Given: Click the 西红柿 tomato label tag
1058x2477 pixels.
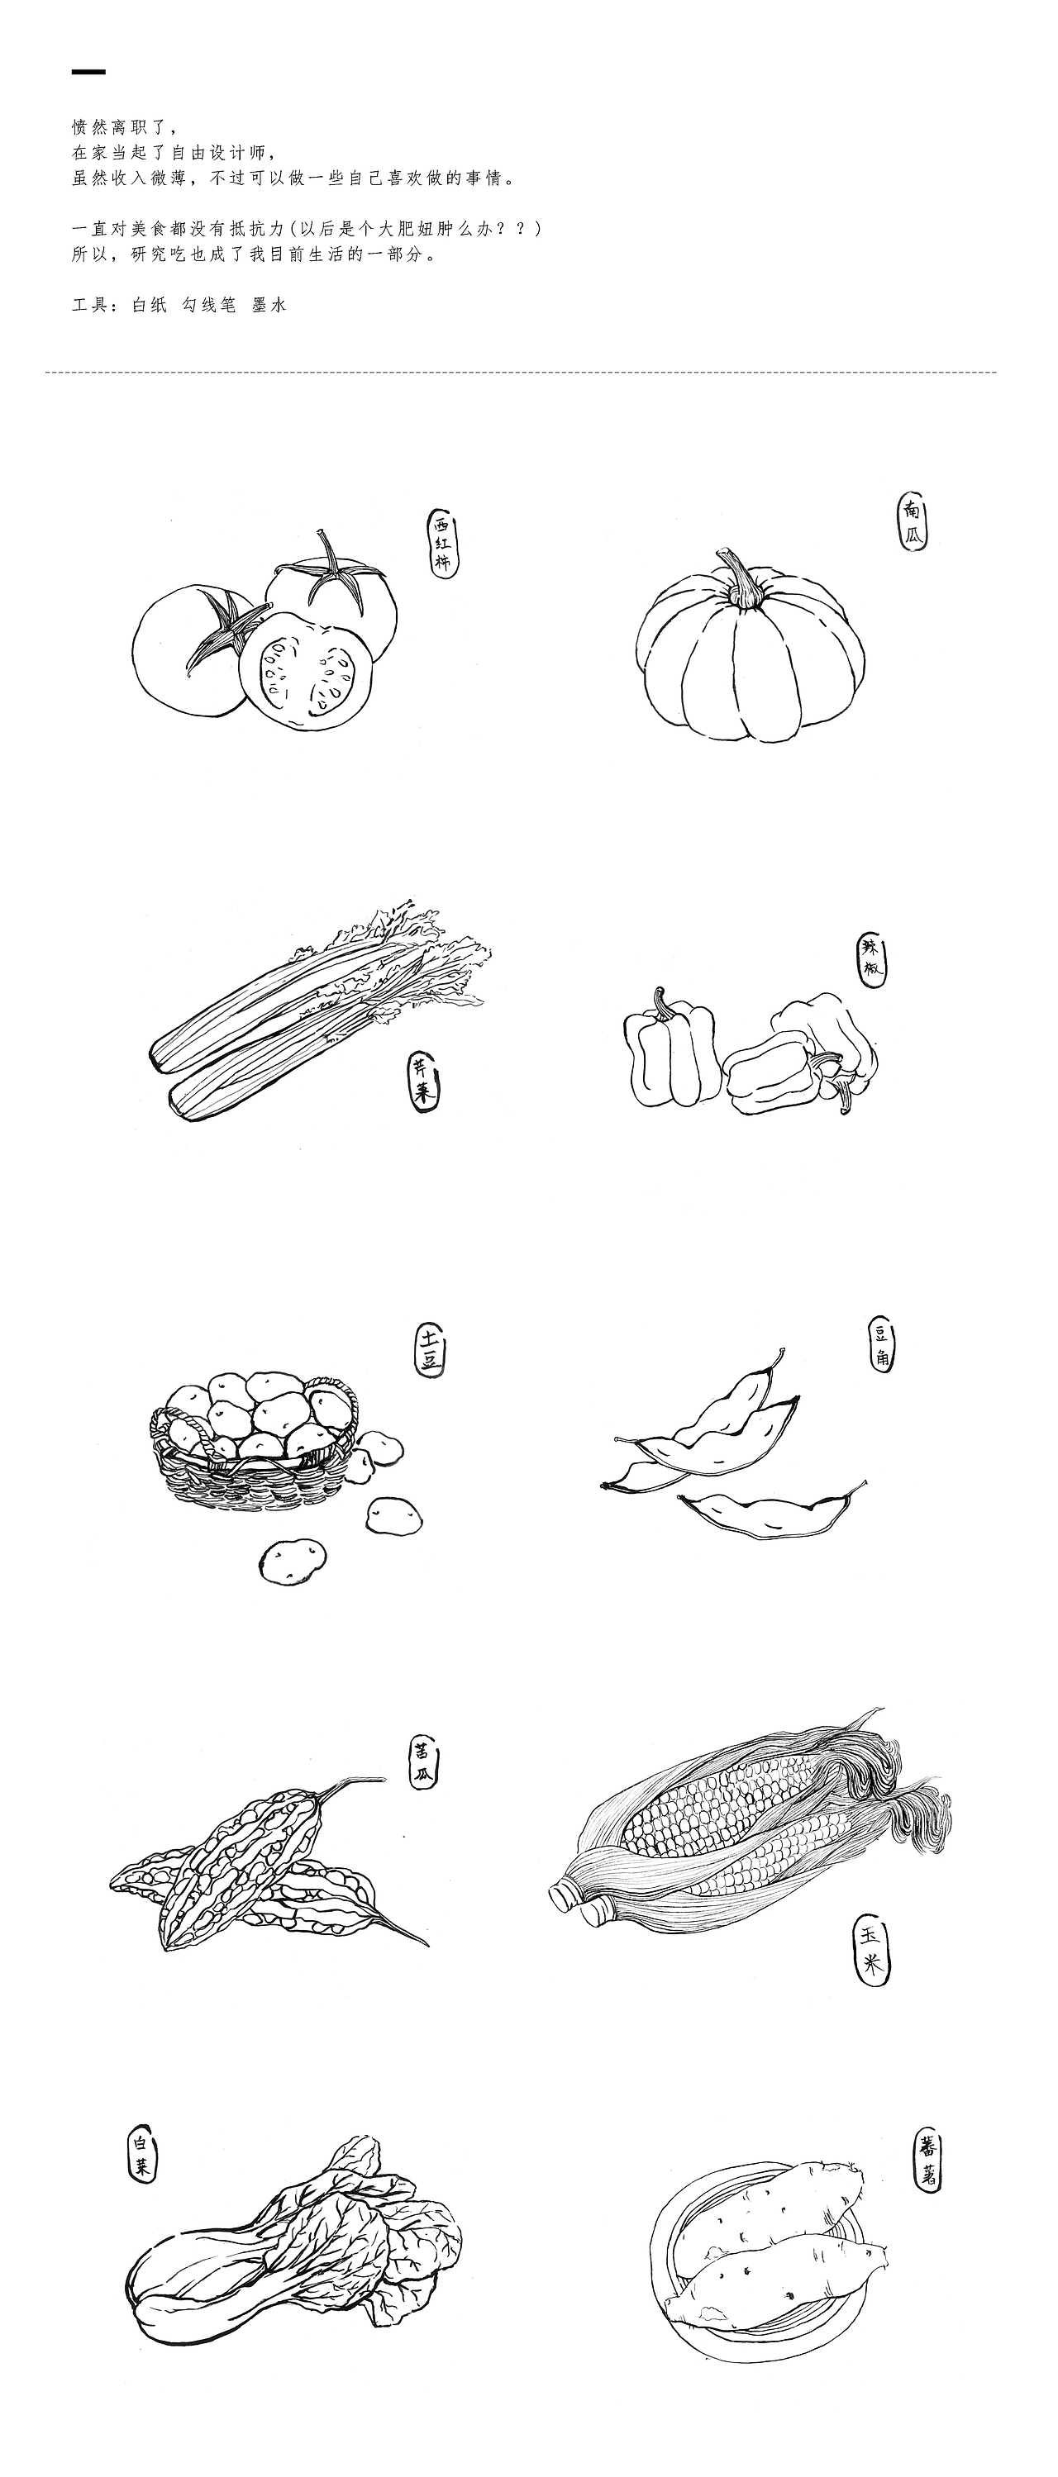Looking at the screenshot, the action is [x=442, y=542].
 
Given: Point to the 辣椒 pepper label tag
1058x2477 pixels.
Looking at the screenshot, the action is [x=871, y=959].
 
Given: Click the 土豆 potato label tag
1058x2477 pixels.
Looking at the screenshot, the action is [x=430, y=1349].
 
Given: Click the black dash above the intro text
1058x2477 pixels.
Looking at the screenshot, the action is [x=88, y=72].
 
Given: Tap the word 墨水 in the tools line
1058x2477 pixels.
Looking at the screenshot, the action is [x=269, y=305].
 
